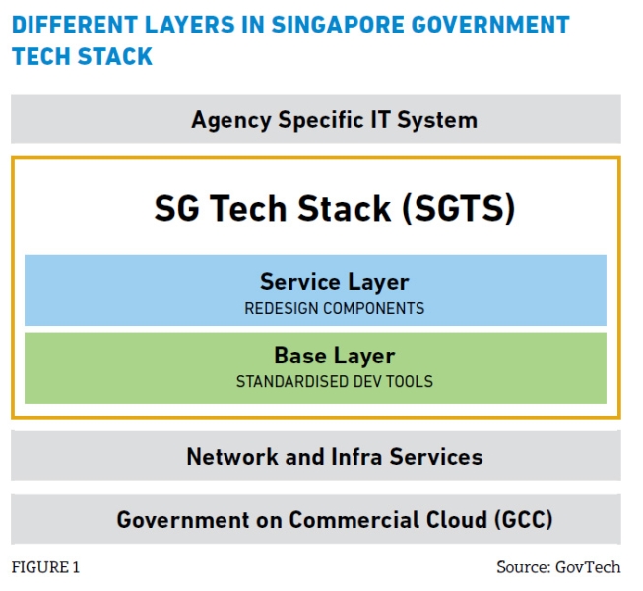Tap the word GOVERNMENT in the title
point(490,25)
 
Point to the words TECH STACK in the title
point(82,56)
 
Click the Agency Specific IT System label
point(334,120)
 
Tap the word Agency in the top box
point(230,120)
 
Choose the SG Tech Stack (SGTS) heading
point(334,209)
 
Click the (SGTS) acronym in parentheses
point(459,209)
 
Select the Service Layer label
point(334,282)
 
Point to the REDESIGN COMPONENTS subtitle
point(334,308)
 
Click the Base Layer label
point(334,356)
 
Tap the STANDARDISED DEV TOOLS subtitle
point(334,381)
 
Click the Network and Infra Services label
point(335,456)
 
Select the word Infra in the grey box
point(356,456)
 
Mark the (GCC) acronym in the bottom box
point(523,520)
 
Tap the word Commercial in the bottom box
point(354,520)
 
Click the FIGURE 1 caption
point(45,567)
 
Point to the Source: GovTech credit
point(558,567)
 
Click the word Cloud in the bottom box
point(457,520)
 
